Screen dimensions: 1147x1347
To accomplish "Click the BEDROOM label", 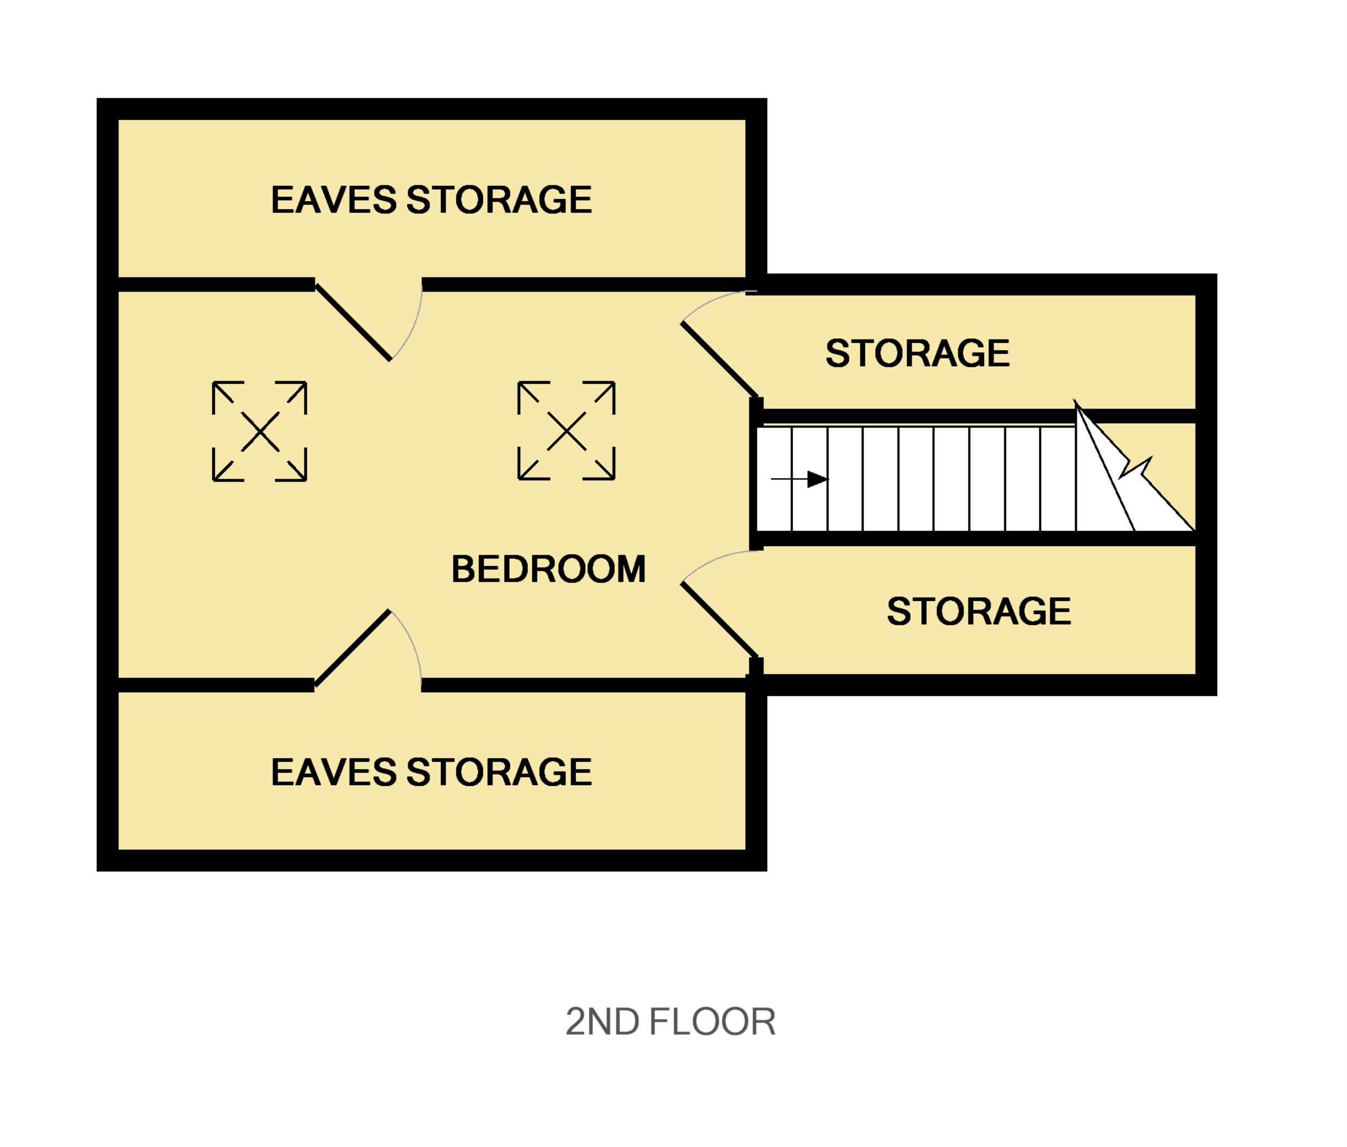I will pyautogui.click(x=548, y=570).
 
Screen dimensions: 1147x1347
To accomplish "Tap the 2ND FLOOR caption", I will pyautogui.click(x=670, y=1021).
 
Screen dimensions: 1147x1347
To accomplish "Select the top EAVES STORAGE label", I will pyautogui.click(x=431, y=199).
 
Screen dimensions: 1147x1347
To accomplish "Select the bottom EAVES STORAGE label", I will pyautogui.click(x=431, y=772).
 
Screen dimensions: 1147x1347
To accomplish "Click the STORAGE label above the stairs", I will pyautogui.click(x=917, y=353).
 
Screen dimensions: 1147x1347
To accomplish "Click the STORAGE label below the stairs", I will pyautogui.click(x=978, y=611).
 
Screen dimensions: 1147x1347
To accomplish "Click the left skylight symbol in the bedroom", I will pyautogui.click(x=259, y=431).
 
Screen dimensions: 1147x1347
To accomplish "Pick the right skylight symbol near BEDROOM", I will pyautogui.click(x=566, y=431).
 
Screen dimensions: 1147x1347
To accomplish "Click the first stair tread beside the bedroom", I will pyautogui.click(x=774, y=479).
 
